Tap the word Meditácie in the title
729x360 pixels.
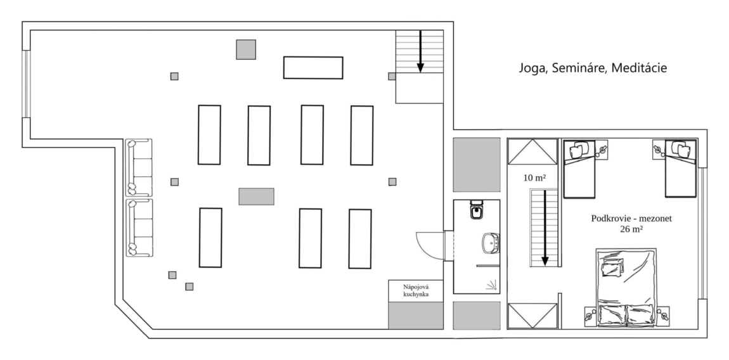point(639,68)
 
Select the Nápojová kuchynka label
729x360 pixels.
point(416,291)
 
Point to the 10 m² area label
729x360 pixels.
point(534,177)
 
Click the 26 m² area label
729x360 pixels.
point(631,228)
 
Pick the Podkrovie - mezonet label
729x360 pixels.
point(631,218)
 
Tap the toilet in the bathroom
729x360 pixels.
point(477,209)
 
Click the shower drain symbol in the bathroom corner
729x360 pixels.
point(492,285)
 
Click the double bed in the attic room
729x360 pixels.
point(626,287)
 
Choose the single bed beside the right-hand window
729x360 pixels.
point(681,169)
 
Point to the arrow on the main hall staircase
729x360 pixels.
point(420,51)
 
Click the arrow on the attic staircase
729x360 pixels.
point(545,228)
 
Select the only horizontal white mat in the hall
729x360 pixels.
point(313,67)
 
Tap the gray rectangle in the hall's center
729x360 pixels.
point(256,196)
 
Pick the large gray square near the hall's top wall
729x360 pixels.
point(246,49)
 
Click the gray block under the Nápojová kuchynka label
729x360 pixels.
point(416,316)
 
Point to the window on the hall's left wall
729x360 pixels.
point(26,84)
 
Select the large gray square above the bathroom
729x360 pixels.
point(477,164)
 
